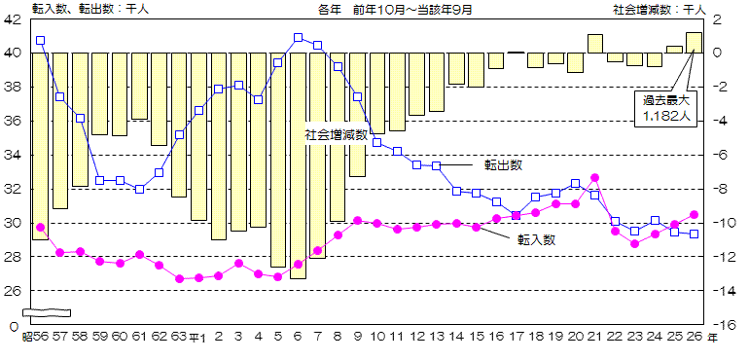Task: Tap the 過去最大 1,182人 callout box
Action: pos(665,107)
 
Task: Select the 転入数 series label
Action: pos(536,238)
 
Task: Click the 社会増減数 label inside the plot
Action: pos(337,134)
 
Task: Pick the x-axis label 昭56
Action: pos(35,337)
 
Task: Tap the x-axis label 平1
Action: pos(197,337)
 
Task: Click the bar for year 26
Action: pos(694,43)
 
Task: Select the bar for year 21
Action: pos(595,44)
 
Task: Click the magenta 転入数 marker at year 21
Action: pos(595,178)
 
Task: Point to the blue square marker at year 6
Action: pos(298,38)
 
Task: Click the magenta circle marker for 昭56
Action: pos(40,228)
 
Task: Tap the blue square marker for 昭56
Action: pos(40,41)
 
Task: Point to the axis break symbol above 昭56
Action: pos(47,312)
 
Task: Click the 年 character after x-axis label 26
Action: pos(713,337)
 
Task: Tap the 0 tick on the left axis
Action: pos(14,325)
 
